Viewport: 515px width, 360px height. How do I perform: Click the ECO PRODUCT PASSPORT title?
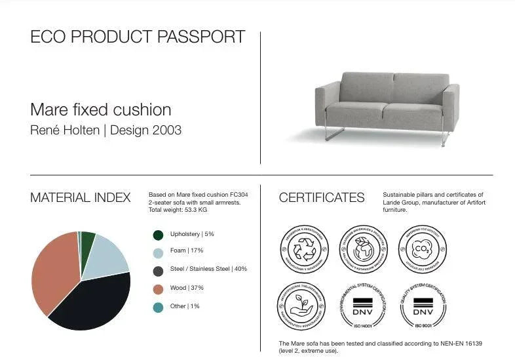pos(138,37)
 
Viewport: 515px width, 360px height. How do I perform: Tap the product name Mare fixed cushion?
pos(101,110)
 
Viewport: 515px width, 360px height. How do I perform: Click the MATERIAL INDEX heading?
pos(81,197)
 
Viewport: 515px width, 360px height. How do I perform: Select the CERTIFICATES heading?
pos(321,197)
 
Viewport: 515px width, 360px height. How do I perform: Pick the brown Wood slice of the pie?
pos(52,272)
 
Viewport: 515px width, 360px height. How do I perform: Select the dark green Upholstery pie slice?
pos(87,241)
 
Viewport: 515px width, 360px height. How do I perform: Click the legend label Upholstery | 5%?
pos(192,234)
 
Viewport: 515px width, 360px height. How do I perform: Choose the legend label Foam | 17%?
pos(187,250)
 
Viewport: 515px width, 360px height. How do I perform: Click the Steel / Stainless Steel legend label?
pos(208,269)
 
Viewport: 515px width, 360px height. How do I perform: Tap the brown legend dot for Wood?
pos(158,288)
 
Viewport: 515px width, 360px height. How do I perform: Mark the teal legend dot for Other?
pos(158,307)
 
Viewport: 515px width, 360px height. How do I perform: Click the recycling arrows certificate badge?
pos(303,250)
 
